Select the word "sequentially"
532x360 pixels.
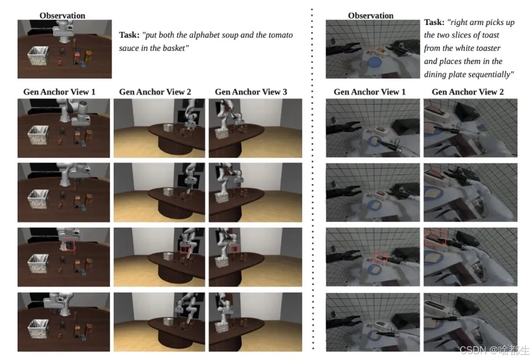[x=492, y=74]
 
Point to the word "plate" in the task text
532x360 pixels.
[x=458, y=74]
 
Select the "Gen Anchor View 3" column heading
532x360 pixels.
[x=251, y=92]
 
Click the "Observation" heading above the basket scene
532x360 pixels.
[x=62, y=15]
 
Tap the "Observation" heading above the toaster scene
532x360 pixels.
[x=371, y=15]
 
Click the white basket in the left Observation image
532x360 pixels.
[x=38, y=56]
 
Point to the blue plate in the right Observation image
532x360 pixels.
[x=375, y=63]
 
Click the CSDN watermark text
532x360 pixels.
[x=494, y=350]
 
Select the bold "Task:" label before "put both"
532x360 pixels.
[x=129, y=35]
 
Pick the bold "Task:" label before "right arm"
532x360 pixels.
[x=434, y=22]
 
